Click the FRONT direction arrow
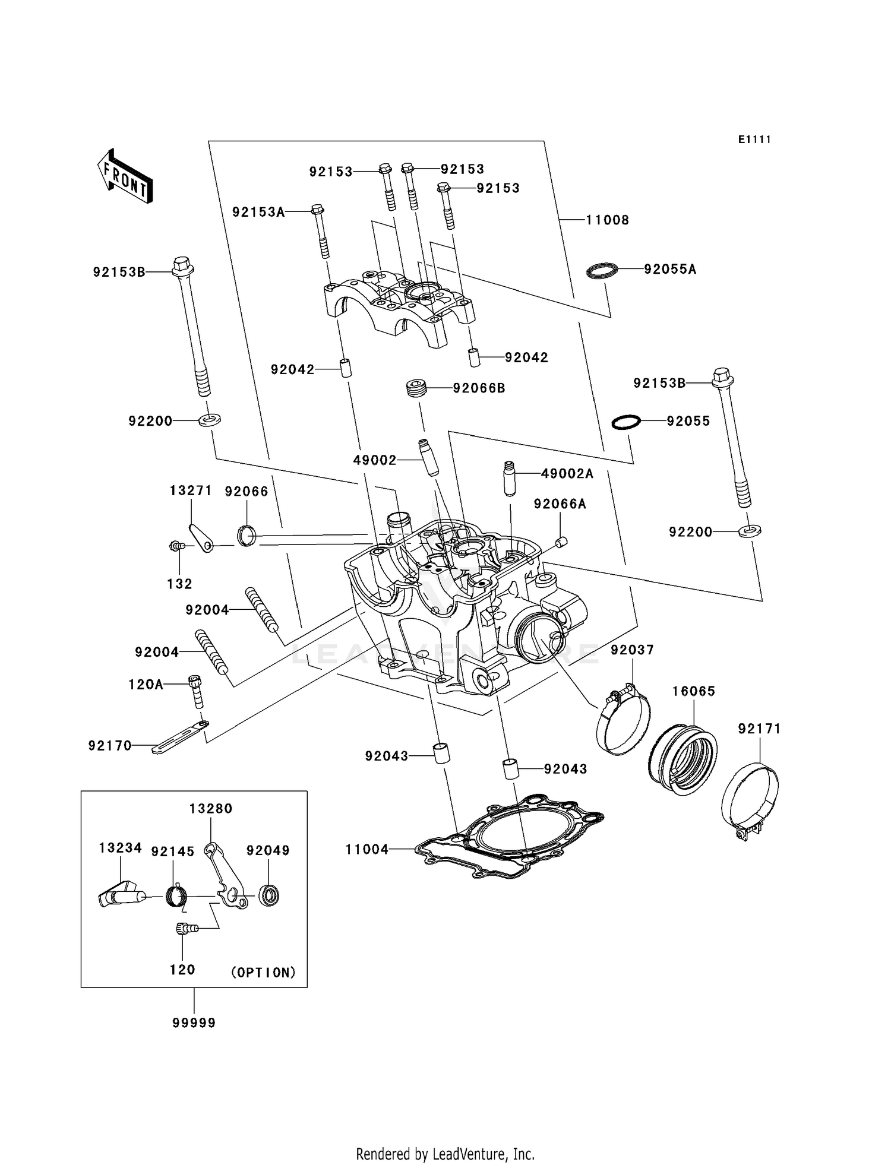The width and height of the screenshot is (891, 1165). tap(125, 177)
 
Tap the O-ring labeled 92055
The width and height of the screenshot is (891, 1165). tap(626, 422)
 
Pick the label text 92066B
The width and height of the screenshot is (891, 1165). tap(479, 388)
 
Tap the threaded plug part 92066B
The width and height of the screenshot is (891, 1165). tap(418, 389)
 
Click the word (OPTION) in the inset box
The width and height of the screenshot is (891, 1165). tap(263, 973)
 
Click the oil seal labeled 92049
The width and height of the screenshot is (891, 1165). tap(268, 895)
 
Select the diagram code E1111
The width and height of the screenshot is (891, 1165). tap(754, 140)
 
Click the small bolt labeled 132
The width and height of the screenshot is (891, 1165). tap(176, 546)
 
